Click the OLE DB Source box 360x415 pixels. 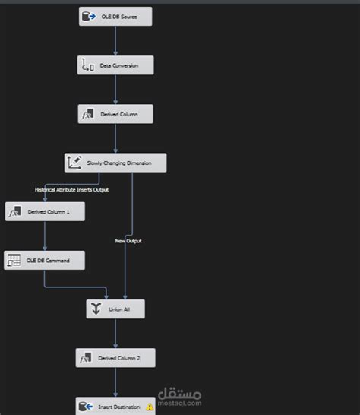tap(115, 16)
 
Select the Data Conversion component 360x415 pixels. tap(115, 65)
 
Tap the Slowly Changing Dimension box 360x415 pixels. tap(115, 163)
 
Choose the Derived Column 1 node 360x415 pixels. tap(45, 212)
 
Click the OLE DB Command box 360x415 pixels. tap(44, 261)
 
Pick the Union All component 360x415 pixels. tap(115, 309)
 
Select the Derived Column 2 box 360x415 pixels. tap(115, 357)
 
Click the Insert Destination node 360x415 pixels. tap(115, 407)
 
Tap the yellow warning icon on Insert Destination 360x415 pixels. tap(150, 407)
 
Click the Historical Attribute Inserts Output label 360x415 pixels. tap(71, 189)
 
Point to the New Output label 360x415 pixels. tap(128, 241)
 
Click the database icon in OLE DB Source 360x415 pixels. tap(87, 16)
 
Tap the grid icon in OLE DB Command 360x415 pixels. tap(14, 261)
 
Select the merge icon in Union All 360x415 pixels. tap(96, 309)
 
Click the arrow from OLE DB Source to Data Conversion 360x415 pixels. tap(115, 40)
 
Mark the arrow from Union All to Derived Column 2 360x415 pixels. tap(115, 334)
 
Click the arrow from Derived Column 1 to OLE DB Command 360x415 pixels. tap(44, 236)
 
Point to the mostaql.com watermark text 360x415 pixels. tap(180, 404)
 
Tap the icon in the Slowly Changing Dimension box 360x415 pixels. tap(74, 163)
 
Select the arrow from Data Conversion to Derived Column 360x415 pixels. tap(115, 90)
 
